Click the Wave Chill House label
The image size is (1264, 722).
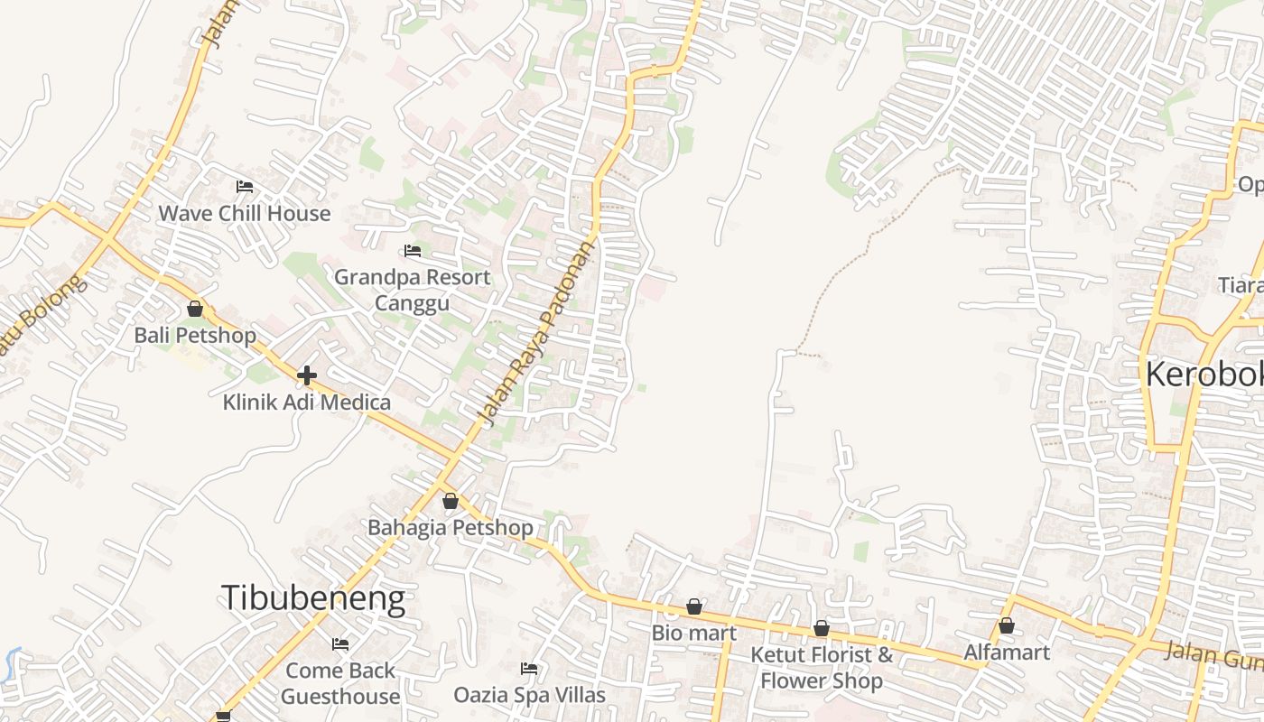click(245, 214)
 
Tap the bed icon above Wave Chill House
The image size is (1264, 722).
click(245, 187)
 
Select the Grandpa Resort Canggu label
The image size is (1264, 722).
click(412, 289)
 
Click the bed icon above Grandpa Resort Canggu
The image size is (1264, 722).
click(413, 250)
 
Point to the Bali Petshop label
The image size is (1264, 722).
click(195, 336)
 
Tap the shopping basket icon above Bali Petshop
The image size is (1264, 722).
click(195, 309)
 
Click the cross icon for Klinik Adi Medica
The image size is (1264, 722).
click(307, 375)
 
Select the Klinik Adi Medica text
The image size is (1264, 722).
click(307, 403)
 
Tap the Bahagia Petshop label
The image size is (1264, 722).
click(450, 527)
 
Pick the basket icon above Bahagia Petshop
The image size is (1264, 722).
click(450, 501)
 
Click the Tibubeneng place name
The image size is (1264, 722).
click(312, 598)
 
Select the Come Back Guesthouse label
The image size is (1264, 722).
click(340, 683)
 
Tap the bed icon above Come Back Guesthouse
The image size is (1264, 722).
click(340, 644)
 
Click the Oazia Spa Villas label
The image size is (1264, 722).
click(529, 695)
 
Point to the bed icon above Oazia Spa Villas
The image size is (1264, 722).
click(529, 669)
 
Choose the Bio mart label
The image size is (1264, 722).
click(693, 633)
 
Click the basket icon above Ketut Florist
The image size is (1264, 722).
click(822, 628)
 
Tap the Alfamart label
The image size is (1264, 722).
click(1007, 652)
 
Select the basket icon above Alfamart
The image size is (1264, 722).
click(1007, 625)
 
